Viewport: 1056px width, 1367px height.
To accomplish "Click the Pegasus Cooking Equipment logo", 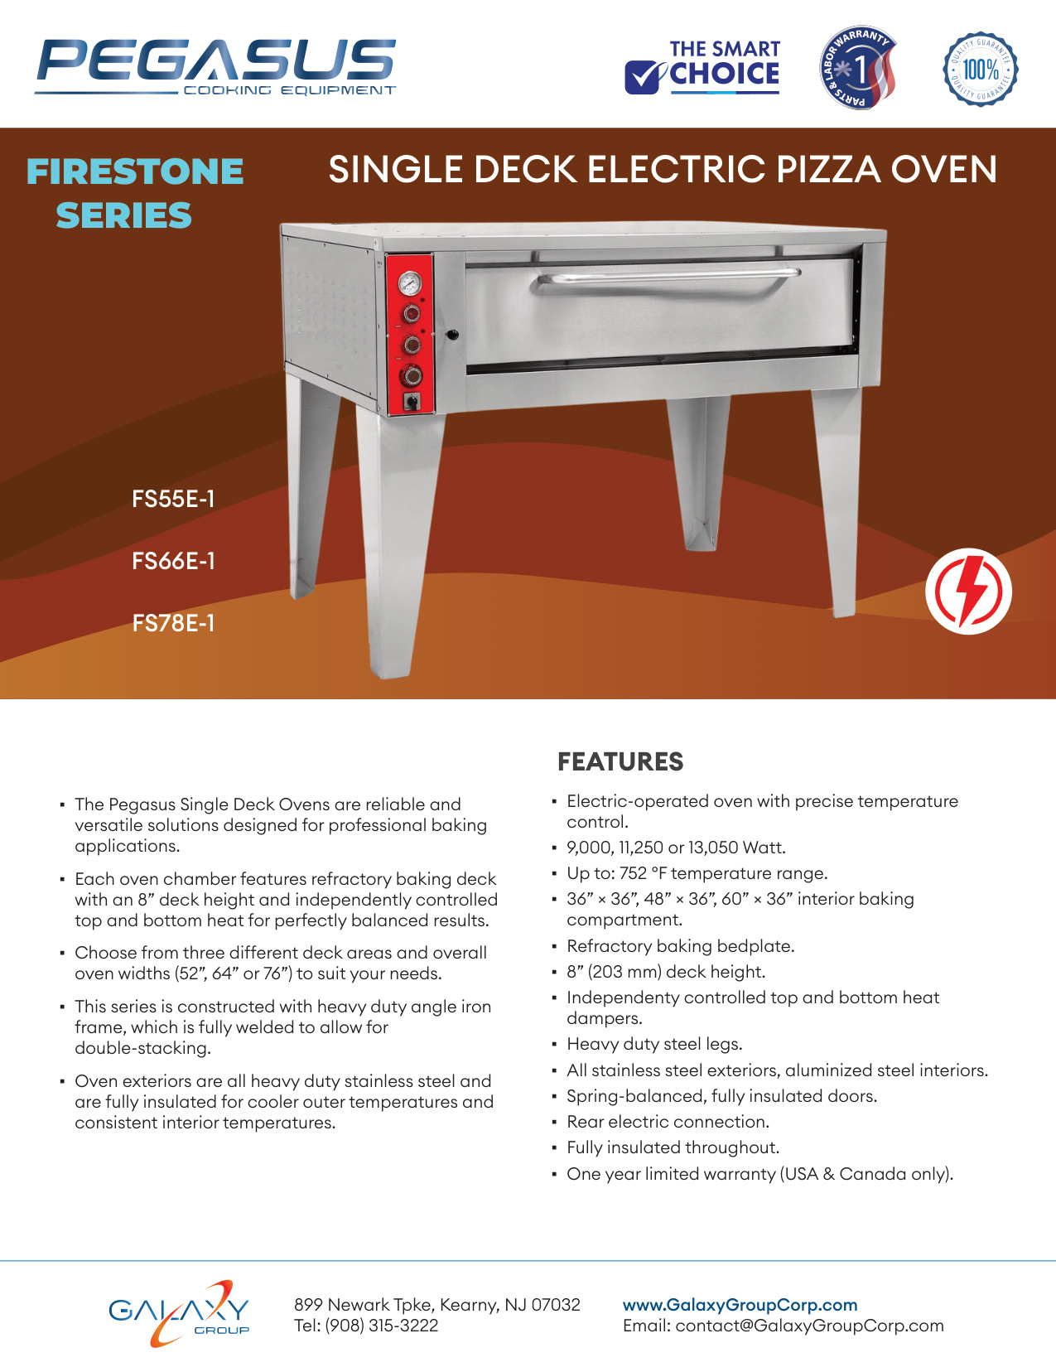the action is point(215,67).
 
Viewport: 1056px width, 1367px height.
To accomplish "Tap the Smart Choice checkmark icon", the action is point(644,77).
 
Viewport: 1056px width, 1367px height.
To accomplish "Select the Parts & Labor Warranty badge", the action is point(857,68).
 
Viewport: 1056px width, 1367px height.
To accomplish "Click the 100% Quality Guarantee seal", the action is point(980,69).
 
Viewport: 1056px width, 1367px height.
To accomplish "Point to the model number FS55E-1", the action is point(173,499).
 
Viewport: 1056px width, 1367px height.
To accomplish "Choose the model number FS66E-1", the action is point(173,561).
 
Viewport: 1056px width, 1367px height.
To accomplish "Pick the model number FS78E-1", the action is point(173,623).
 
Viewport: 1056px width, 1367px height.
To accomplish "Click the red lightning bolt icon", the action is point(968,591).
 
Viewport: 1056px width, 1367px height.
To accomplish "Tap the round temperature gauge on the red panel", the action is point(409,283).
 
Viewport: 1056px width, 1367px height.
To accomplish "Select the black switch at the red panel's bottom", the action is point(412,401).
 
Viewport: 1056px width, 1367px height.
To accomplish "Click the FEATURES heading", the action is point(620,761).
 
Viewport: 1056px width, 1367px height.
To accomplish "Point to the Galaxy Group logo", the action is point(179,1314).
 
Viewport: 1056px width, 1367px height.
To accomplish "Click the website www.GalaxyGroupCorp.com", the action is point(740,1305).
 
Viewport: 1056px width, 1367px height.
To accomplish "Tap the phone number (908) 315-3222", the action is point(381,1326).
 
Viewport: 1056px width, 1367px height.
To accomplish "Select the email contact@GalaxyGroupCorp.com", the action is point(809,1326).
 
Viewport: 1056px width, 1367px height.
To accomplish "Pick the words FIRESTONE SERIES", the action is point(135,193).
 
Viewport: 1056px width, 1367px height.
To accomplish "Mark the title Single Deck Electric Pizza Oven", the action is point(663,169).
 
